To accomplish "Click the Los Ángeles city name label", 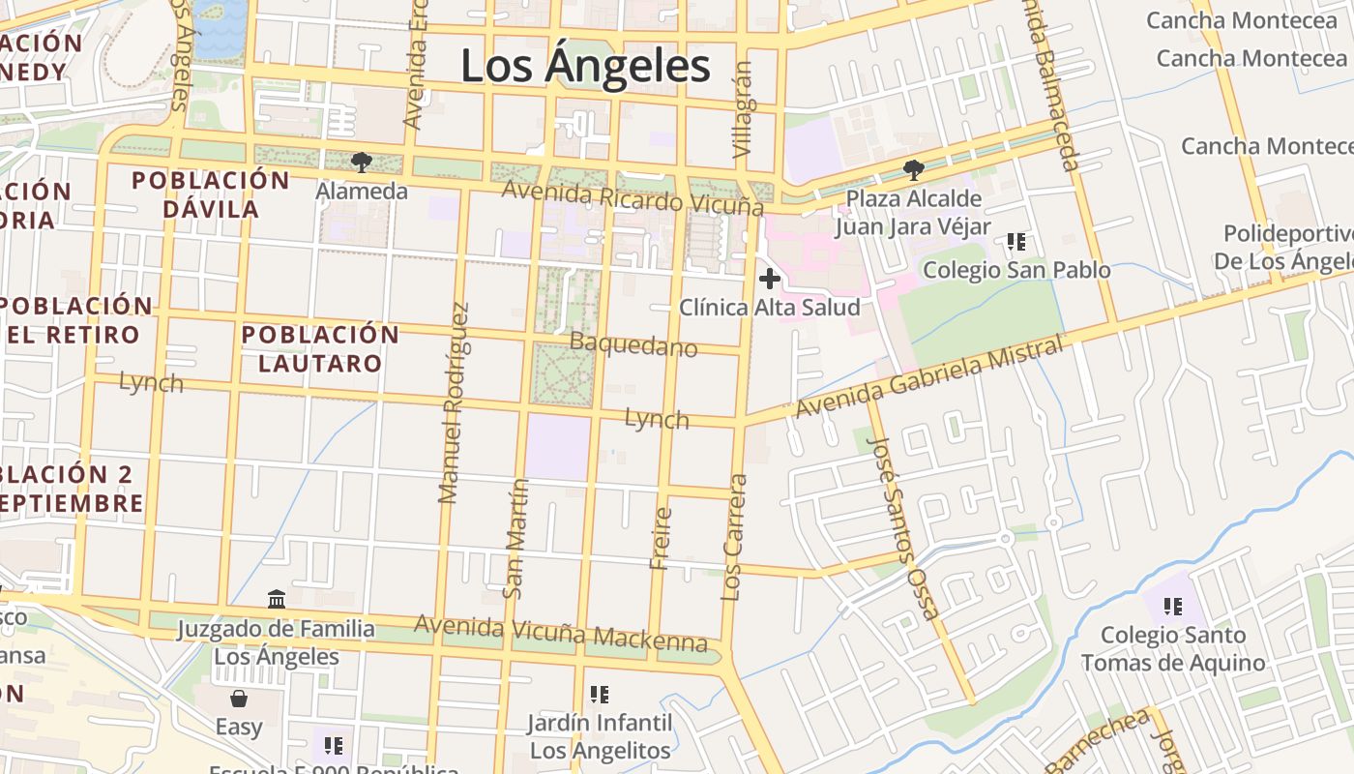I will pyautogui.click(x=585, y=67).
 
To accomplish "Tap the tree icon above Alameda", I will pyautogui.click(x=362, y=162).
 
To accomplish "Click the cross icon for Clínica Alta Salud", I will pyautogui.click(x=770, y=280).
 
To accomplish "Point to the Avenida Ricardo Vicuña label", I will pyautogui.click(x=632, y=197).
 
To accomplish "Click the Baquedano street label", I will pyautogui.click(x=633, y=344).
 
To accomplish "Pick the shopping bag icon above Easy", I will pyautogui.click(x=239, y=698).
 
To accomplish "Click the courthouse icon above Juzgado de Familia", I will pyautogui.click(x=277, y=600).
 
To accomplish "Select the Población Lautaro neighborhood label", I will pyautogui.click(x=320, y=349).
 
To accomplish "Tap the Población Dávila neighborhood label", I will pyautogui.click(x=210, y=194).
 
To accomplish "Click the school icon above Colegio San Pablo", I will pyautogui.click(x=1015, y=241).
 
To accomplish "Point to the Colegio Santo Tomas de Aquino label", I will pyautogui.click(x=1172, y=649).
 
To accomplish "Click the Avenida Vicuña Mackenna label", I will pyautogui.click(x=561, y=631).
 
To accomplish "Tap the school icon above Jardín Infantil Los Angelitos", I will pyautogui.click(x=600, y=694).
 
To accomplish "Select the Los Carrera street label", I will pyautogui.click(x=735, y=537).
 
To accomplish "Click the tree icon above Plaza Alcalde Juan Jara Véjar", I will pyautogui.click(x=913, y=170).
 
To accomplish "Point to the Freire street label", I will pyautogui.click(x=662, y=538).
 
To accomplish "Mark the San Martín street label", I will pyautogui.click(x=515, y=539).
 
